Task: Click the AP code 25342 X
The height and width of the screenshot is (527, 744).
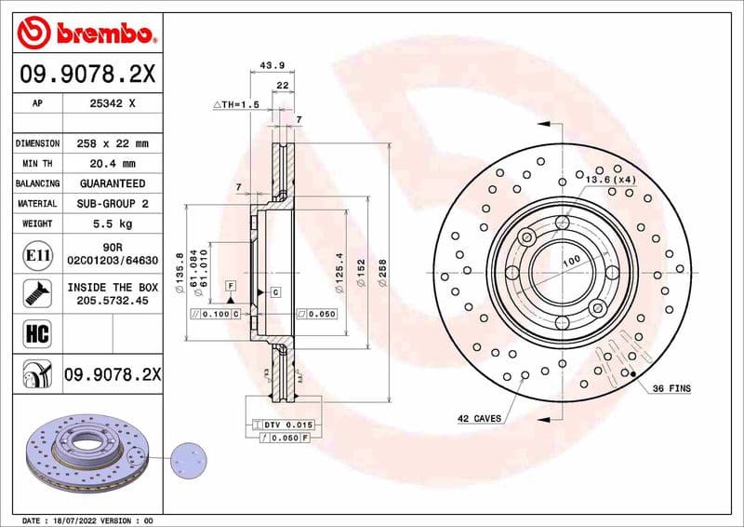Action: point(113,104)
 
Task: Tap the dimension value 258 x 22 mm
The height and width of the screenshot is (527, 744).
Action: point(113,144)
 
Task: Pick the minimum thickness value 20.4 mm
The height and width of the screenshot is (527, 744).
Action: point(113,164)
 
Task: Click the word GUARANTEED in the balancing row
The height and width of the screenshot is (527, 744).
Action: point(113,183)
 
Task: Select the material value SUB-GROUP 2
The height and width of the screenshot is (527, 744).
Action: point(113,203)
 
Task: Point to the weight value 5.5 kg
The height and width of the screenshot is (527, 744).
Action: point(113,223)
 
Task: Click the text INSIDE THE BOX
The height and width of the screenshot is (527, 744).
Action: point(113,287)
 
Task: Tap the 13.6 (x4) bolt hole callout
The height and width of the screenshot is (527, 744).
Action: point(611,178)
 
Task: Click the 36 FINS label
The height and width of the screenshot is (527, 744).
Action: point(671,387)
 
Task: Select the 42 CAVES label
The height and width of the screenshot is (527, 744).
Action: point(480,418)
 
